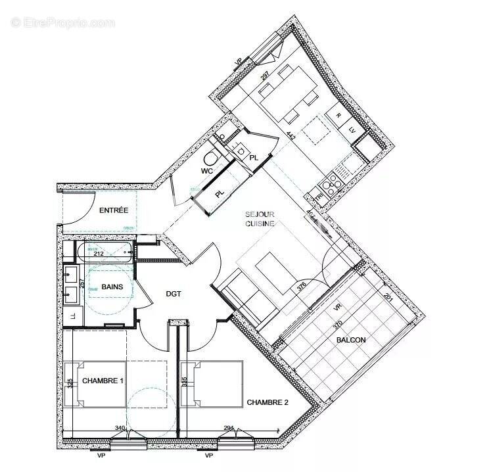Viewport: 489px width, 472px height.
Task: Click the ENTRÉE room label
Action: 114,211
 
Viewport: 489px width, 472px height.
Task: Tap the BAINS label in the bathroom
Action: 112,287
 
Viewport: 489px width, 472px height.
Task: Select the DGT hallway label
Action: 174,294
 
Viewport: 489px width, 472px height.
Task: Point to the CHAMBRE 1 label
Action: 102,380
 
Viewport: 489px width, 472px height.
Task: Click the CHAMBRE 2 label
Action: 268,402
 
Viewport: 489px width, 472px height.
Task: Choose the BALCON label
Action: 350,340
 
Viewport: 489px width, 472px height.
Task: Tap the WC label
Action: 208,172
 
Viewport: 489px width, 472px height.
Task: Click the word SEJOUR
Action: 260,214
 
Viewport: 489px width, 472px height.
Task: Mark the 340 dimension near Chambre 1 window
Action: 120,428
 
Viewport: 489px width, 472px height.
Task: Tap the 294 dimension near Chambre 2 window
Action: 229,428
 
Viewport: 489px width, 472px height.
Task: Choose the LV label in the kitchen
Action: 352,130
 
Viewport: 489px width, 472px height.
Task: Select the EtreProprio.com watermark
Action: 62,22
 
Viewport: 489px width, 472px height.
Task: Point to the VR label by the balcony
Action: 338,306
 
